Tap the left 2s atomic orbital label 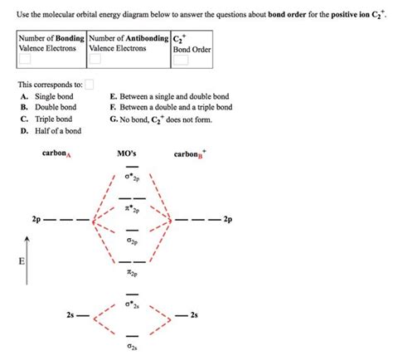pyautogui.click(x=70, y=316)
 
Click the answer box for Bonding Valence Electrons pyautogui.click(x=27, y=60)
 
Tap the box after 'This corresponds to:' pyautogui.click(x=89, y=84)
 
